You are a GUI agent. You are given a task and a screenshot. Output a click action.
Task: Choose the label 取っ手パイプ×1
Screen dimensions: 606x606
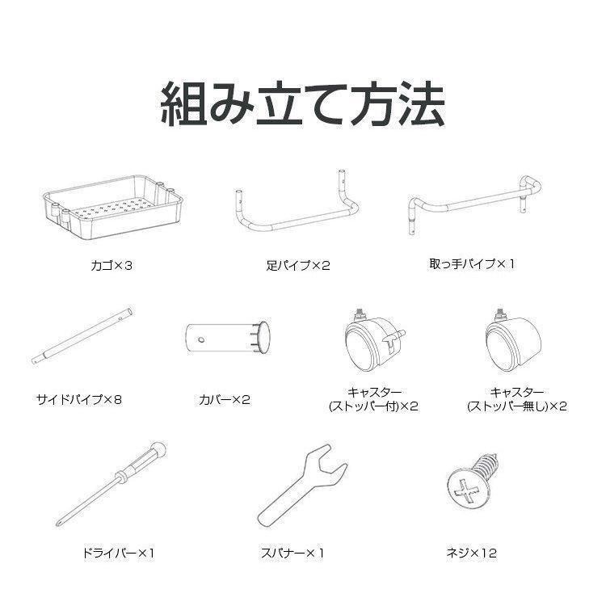point(472,263)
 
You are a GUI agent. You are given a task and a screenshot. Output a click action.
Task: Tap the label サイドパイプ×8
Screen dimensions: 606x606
point(83,398)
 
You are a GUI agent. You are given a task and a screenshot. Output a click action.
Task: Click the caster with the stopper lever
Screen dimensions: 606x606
point(368,339)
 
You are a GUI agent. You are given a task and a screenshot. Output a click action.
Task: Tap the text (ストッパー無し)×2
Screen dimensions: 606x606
point(517,406)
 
